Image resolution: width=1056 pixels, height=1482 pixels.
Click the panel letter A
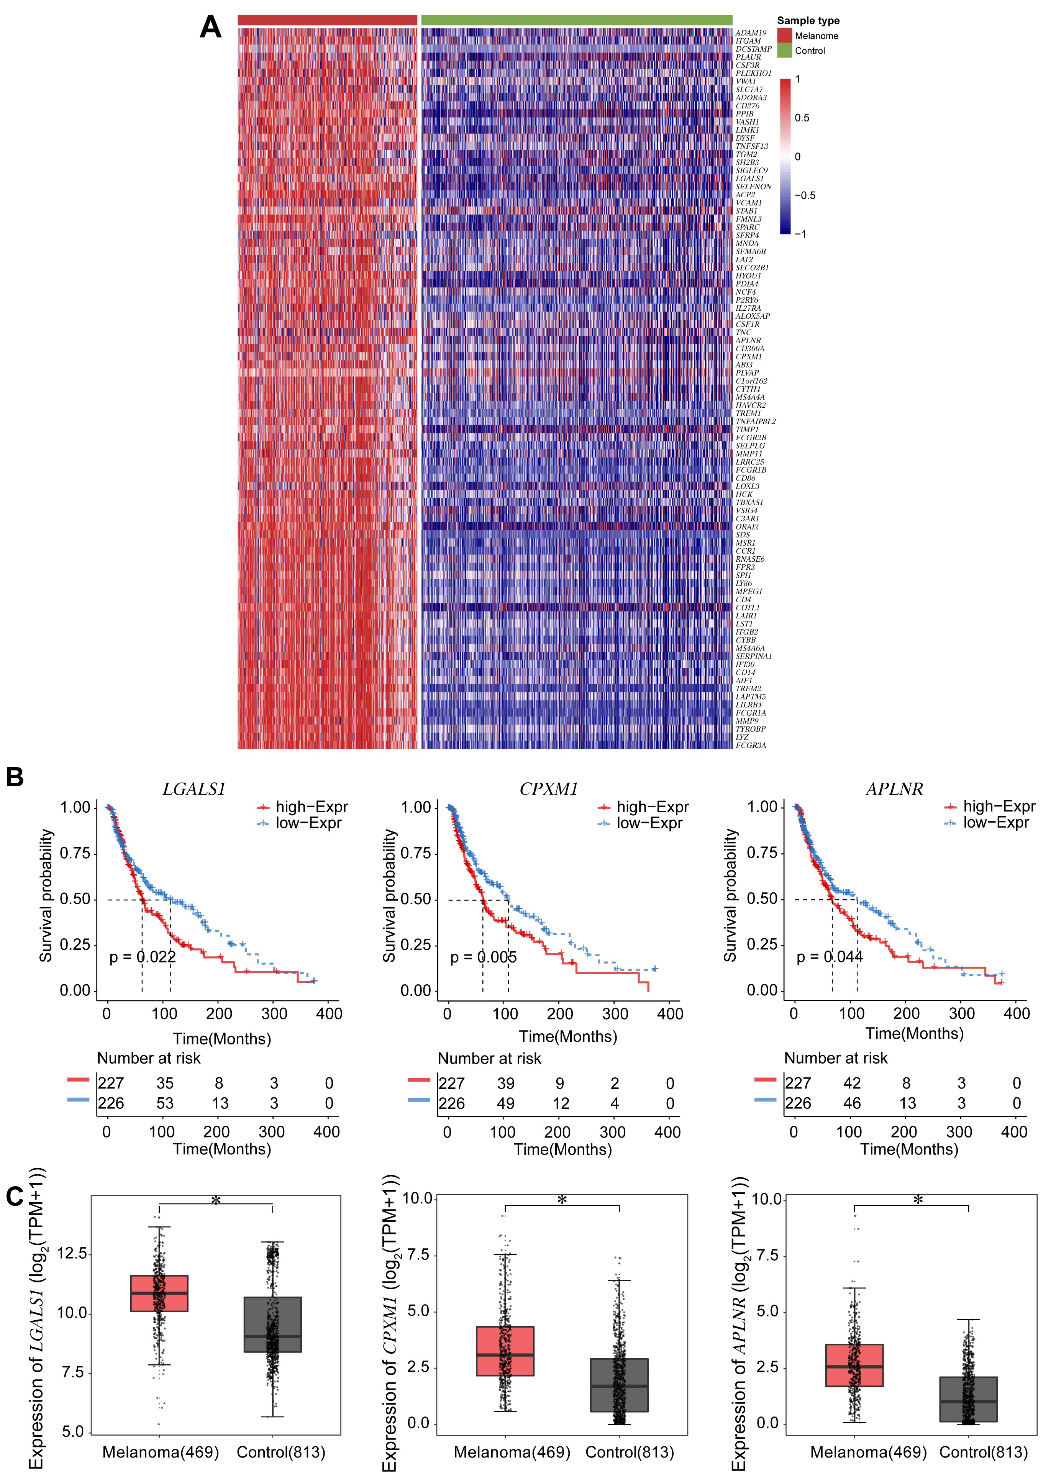(x=211, y=27)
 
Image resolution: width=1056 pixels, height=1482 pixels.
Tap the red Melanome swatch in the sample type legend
(x=784, y=36)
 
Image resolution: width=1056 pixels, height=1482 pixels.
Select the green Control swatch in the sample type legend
(x=784, y=51)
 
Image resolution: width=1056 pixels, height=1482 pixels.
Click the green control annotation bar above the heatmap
(x=576, y=20)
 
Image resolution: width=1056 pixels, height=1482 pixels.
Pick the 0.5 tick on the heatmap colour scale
(x=802, y=118)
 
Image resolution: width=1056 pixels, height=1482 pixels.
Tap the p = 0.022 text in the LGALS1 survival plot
(x=143, y=957)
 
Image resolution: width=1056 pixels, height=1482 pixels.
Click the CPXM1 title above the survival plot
(x=548, y=789)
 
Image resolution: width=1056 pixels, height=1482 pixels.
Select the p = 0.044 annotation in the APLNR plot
(x=829, y=957)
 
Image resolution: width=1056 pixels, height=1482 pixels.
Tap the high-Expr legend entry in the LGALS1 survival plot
(x=311, y=807)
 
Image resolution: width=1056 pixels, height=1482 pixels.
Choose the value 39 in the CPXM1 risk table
(x=505, y=1084)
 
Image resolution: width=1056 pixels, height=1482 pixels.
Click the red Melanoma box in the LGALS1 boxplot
(x=159, y=1293)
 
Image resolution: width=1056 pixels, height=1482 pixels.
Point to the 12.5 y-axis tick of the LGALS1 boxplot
(x=72, y=1253)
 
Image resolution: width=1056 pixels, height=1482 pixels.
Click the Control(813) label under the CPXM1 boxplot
(x=629, y=1452)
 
